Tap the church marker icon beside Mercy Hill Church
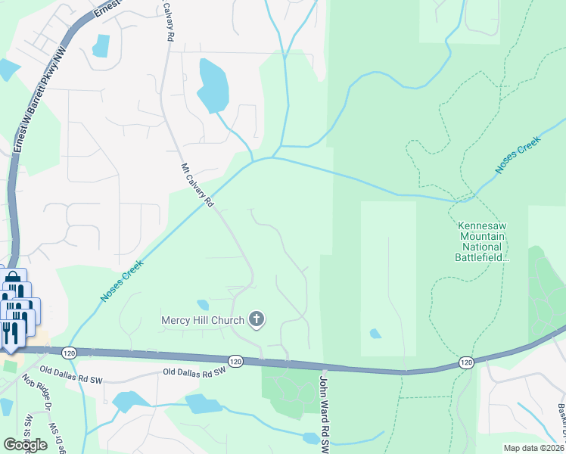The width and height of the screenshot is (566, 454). [x=257, y=319]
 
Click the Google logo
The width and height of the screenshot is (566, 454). [x=25, y=444]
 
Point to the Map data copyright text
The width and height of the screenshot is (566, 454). [x=534, y=448]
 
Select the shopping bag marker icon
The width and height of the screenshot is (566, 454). [x=14, y=284]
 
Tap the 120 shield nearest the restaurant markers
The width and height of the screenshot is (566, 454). [x=69, y=353]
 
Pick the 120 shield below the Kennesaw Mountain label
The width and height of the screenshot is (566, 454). [x=466, y=364]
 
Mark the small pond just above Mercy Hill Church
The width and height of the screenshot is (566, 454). [x=203, y=305]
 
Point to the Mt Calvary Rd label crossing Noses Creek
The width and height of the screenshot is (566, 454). [x=197, y=185]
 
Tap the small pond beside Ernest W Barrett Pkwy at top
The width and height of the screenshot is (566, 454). [x=101, y=46]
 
